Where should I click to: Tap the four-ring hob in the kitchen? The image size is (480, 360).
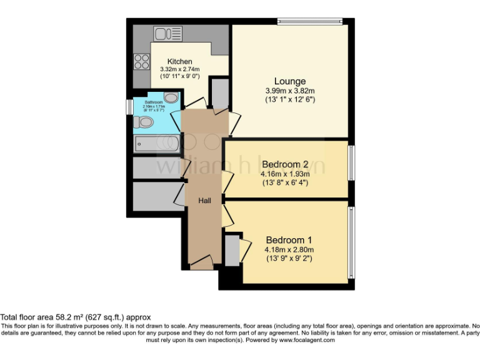(x=142, y=61)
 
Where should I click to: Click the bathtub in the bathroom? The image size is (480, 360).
(x=157, y=144)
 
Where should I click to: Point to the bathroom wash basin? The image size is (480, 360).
(x=171, y=97)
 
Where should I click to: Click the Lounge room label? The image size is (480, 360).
(x=290, y=81)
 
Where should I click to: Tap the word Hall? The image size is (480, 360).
(x=204, y=201)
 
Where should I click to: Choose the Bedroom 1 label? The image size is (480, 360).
(x=288, y=240)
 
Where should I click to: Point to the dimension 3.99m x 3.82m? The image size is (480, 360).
(x=290, y=91)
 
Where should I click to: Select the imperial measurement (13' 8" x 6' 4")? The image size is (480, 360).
(x=285, y=182)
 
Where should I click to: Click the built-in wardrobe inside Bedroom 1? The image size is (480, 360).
(x=231, y=249)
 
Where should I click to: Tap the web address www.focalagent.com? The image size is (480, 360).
(x=307, y=340)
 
